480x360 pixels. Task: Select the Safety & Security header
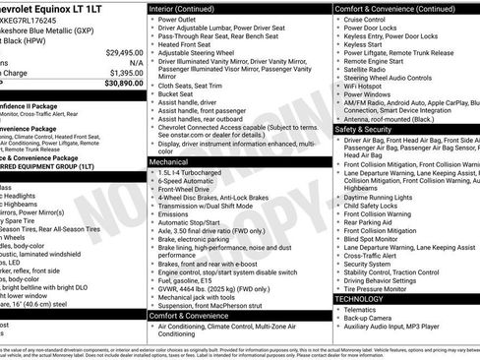(370, 129)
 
